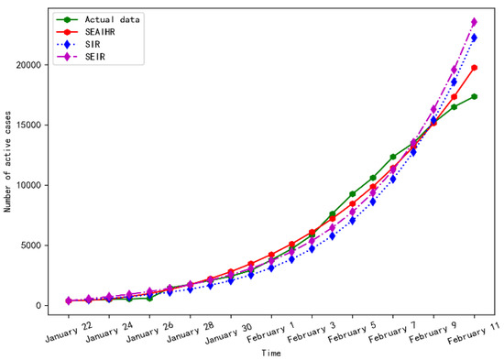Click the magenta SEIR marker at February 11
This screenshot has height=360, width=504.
tap(475, 22)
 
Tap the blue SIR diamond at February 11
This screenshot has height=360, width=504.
tap(475, 38)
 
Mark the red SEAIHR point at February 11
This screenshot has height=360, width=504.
tap(475, 68)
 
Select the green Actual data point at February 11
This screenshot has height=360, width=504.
tap(475, 96)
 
